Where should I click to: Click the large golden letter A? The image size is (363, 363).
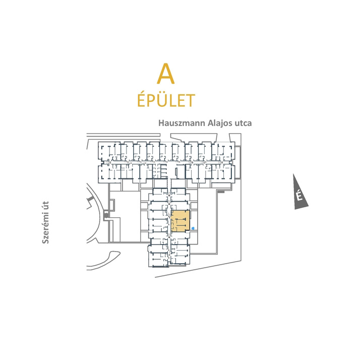click(x=165, y=74)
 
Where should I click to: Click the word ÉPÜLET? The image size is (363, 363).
click(x=166, y=99)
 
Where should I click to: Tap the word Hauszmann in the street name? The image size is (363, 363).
click(x=181, y=123)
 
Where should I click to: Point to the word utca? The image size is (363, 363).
click(x=243, y=123)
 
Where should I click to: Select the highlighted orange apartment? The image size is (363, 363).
click(x=180, y=221)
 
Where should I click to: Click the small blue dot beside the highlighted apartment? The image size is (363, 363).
click(x=193, y=228)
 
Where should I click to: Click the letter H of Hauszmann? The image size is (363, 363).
click(x=161, y=123)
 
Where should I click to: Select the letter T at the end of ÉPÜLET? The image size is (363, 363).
click(x=190, y=101)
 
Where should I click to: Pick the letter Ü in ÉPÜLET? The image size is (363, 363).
click(x=158, y=99)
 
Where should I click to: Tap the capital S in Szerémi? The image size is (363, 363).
click(x=45, y=241)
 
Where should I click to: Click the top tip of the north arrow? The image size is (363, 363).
click(x=293, y=174)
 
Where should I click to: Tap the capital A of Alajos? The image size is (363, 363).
click(x=210, y=123)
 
